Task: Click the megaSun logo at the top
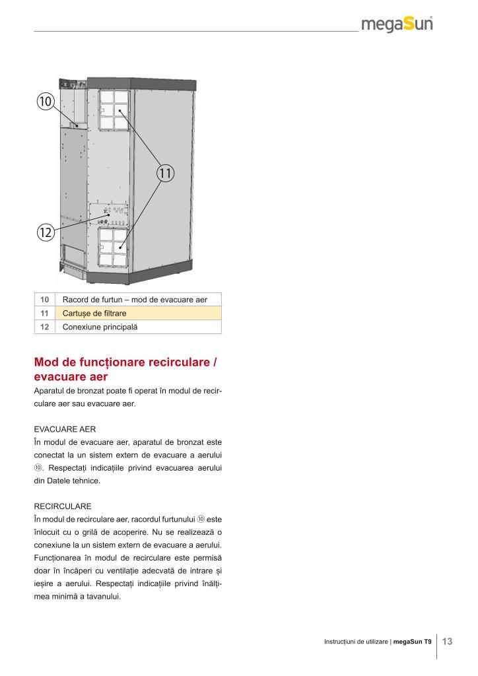coord(397,26)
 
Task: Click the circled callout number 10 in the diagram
coord(46,101)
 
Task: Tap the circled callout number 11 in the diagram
coord(165,174)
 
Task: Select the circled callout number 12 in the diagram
coord(46,232)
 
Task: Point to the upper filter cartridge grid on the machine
coord(113,110)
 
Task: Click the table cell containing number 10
coord(45,300)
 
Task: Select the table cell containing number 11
coord(45,314)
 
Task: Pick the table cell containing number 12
coord(45,327)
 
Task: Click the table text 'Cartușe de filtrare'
coord(94,314)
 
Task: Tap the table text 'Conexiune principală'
coord(101,327)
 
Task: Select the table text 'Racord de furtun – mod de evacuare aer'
coord(135,300)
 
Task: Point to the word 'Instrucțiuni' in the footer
coord(340,642)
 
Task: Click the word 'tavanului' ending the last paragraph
coord(102,598)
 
